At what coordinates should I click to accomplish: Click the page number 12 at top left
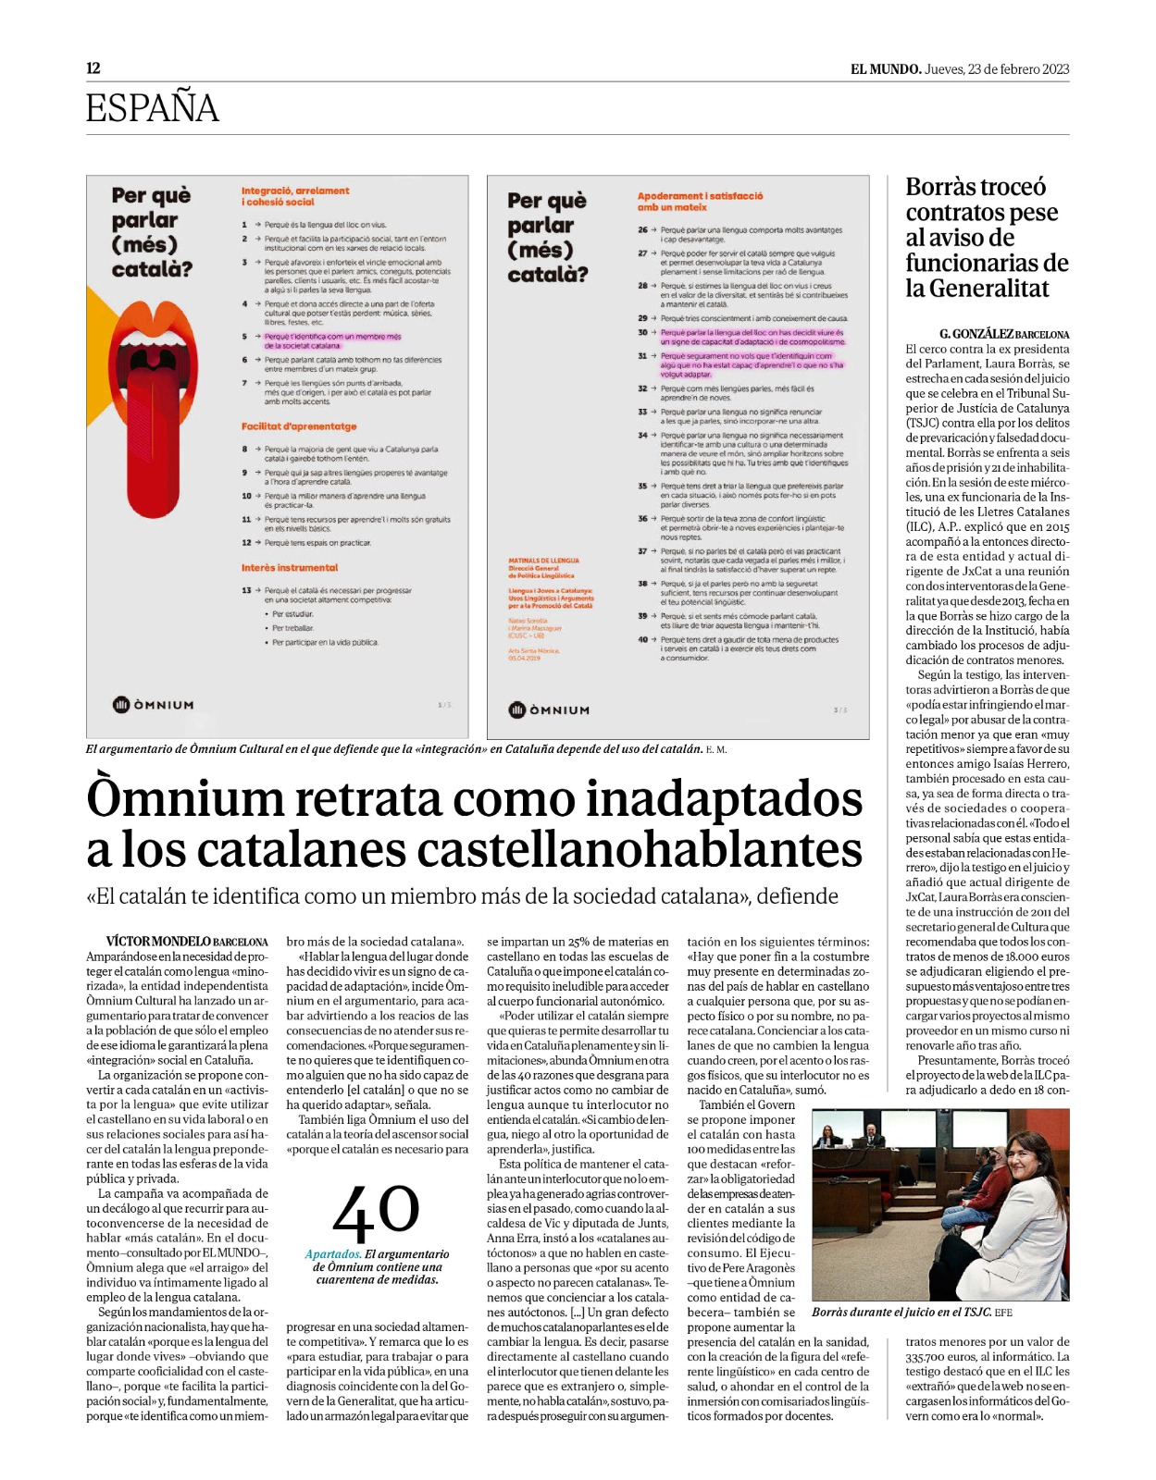[93, 68]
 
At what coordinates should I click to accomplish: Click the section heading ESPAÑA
[153, 108]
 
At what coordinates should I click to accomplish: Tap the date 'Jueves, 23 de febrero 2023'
[997, 69]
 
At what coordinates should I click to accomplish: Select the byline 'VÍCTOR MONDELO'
[158, 942]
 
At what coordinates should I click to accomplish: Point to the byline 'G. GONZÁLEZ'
[976, 334]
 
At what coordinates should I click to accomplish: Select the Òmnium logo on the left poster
[154, 705]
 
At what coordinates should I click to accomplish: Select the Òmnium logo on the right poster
[549, 710]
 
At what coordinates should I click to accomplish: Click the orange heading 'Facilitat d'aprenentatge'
[299, 426]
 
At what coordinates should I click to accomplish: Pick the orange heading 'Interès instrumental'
[290, 568]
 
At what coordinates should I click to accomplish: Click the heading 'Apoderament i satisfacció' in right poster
[700, 196]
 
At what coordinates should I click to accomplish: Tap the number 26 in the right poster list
[642, 229]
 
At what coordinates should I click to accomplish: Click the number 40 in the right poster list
[642, 639]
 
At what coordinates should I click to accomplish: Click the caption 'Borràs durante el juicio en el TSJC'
[901, 1312]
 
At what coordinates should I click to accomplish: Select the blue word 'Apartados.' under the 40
[333, 1254]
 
